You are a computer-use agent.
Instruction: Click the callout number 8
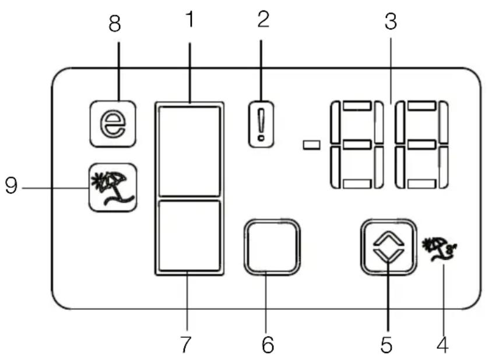(x=114, y=24)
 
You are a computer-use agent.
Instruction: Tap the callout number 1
(x=190, y=19)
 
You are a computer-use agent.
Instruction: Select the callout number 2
(x=264, y=19)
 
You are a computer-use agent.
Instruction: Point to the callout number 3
(x=391, y=21)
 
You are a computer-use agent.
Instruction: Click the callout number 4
(x=443, y=344)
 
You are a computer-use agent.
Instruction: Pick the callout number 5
(x=386, y=344)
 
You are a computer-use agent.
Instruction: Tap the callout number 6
(x=268, y=344)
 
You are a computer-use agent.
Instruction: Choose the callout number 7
(x=185, y=344)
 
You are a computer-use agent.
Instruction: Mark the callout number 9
(x=11, y=186)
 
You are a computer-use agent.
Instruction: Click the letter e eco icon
(x=113, y=123)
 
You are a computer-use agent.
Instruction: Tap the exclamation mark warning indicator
(x=261, y=124)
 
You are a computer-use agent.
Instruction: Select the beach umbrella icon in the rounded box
(x=113, y=188)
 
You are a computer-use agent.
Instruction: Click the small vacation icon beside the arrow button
(x=439, y=249)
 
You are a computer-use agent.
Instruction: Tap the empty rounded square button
(x=272, y=247)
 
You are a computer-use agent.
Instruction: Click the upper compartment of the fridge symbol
(x=189, y=151)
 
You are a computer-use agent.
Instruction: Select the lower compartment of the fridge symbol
(x=189, y=236)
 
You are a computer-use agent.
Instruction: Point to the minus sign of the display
(x=311, y=145)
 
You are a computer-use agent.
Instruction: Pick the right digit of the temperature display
(x=422, y=144)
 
